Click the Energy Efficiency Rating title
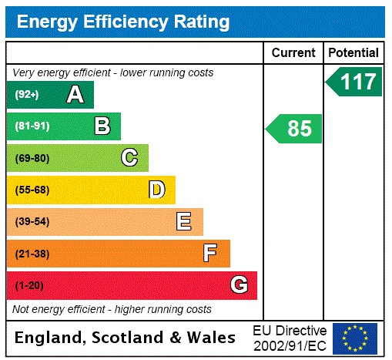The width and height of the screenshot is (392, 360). point(123,22)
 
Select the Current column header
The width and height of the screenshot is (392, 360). point(293,52)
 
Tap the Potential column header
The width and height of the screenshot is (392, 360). point(353,52)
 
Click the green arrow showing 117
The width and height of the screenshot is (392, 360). point(355,82)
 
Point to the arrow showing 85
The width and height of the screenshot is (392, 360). point(294,129)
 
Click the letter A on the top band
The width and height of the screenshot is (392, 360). point(75,95)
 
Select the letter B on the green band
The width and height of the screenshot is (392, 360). point(102,126)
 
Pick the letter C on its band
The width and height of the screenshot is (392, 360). point(129,158)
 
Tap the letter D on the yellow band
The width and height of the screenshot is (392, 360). point(156,190)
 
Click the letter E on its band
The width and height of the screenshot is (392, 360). point(183,222)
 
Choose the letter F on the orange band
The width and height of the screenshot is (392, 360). point(210,253)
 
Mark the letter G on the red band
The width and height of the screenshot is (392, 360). point(239,285)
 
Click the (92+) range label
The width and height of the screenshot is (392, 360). point(28,95)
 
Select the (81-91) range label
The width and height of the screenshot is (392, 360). point(32,126)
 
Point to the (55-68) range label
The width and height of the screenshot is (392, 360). point(32,190)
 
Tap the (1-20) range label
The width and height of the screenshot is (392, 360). point(29,285)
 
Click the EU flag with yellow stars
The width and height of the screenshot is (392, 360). point(355,338)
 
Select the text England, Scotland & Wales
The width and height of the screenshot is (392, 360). point(126,338)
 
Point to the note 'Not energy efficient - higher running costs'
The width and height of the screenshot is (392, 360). point(112,309)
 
